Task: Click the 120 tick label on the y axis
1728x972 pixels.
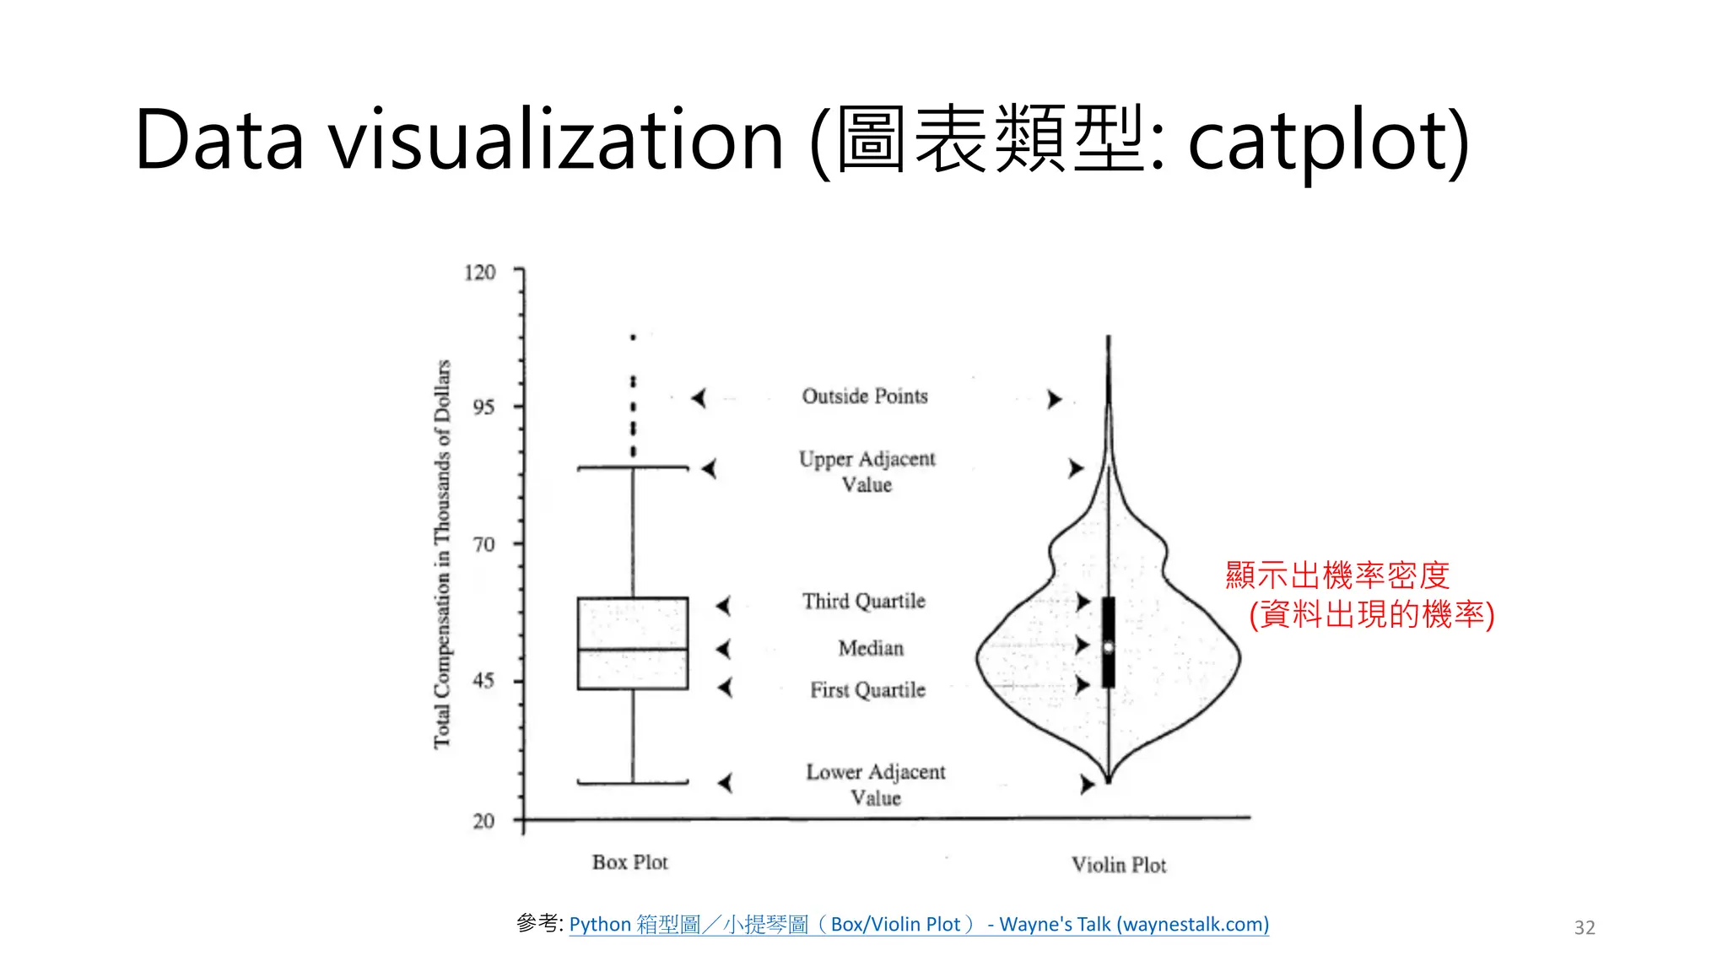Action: [x=479, y=273]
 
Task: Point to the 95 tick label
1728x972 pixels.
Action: [x=483, y=408]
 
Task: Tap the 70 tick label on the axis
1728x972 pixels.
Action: [x=483, y=544]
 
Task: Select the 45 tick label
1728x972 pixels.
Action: [x=483, y=681]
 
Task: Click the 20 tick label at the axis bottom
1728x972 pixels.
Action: [x=483, y=821]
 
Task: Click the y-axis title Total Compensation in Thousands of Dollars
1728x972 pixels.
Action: [x=442, y=553]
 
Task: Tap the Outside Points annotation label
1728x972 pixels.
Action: [x=865, y=396]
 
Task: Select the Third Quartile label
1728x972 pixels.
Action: [x=864, y=601]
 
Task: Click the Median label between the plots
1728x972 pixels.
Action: [x=871, y=648]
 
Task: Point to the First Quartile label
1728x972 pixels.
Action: [x=867, y=690]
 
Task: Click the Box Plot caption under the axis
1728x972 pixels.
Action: [x=629, y=862]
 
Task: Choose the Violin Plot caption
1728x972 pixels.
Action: [x=1119, y=865]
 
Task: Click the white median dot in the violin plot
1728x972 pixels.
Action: [x=1109, y=647]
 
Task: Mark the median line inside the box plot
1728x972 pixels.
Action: [x=633, y=649]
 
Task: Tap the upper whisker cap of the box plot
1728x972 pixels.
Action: [x=633, y=467]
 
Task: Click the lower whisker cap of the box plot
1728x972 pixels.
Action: [x=633, y=783]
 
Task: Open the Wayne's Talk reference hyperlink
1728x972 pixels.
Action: [x=919, y=925]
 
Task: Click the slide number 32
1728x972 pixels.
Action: [x=1585, y=928]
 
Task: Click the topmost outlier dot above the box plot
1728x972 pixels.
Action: [x=633, y=337]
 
